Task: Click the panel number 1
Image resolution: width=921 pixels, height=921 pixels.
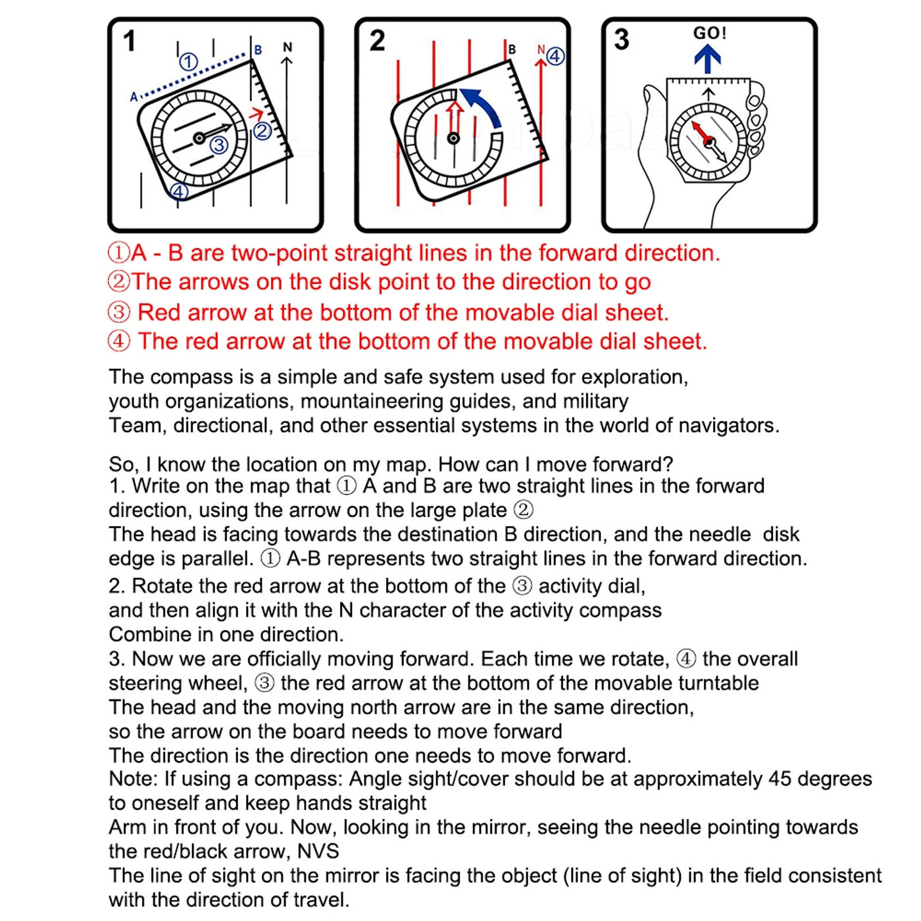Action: pyautogui.click(x=130, y=41)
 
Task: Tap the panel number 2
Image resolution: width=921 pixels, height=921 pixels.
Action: pyautogui.click(x=377, y=41)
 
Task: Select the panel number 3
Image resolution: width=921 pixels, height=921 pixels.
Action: pyautogui.click(x=621, y=39)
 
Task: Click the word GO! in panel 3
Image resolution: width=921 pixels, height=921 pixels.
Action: pyautogui.click(x=709, y=33)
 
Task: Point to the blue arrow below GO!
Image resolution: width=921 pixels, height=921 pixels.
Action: pyautogui.click(x=708, y=59)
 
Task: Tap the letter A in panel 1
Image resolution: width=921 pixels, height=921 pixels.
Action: pyautogui.click(x=134, y=97)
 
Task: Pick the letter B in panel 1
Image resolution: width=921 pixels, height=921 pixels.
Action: pyautogui.click(x=258, y=50)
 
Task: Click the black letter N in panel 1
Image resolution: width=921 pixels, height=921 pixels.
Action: pyautogui.click(x=287, y=47)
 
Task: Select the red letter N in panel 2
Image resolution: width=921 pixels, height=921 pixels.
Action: pyautogui.click(x=541, y=50)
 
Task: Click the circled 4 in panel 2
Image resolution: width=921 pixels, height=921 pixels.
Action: pyautogui.click(x=555, y=56)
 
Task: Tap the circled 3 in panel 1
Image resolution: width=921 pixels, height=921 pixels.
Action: pyautogui.click(x=218, y=144)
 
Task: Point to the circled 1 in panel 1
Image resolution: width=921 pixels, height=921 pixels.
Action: pyautogui.click(x=189, y=62)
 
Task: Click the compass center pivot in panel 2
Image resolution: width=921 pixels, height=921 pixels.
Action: pyautogui.click(x=453, y=138)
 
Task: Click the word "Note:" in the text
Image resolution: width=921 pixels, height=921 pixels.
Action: pyautogui.click(x=134, y=779)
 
